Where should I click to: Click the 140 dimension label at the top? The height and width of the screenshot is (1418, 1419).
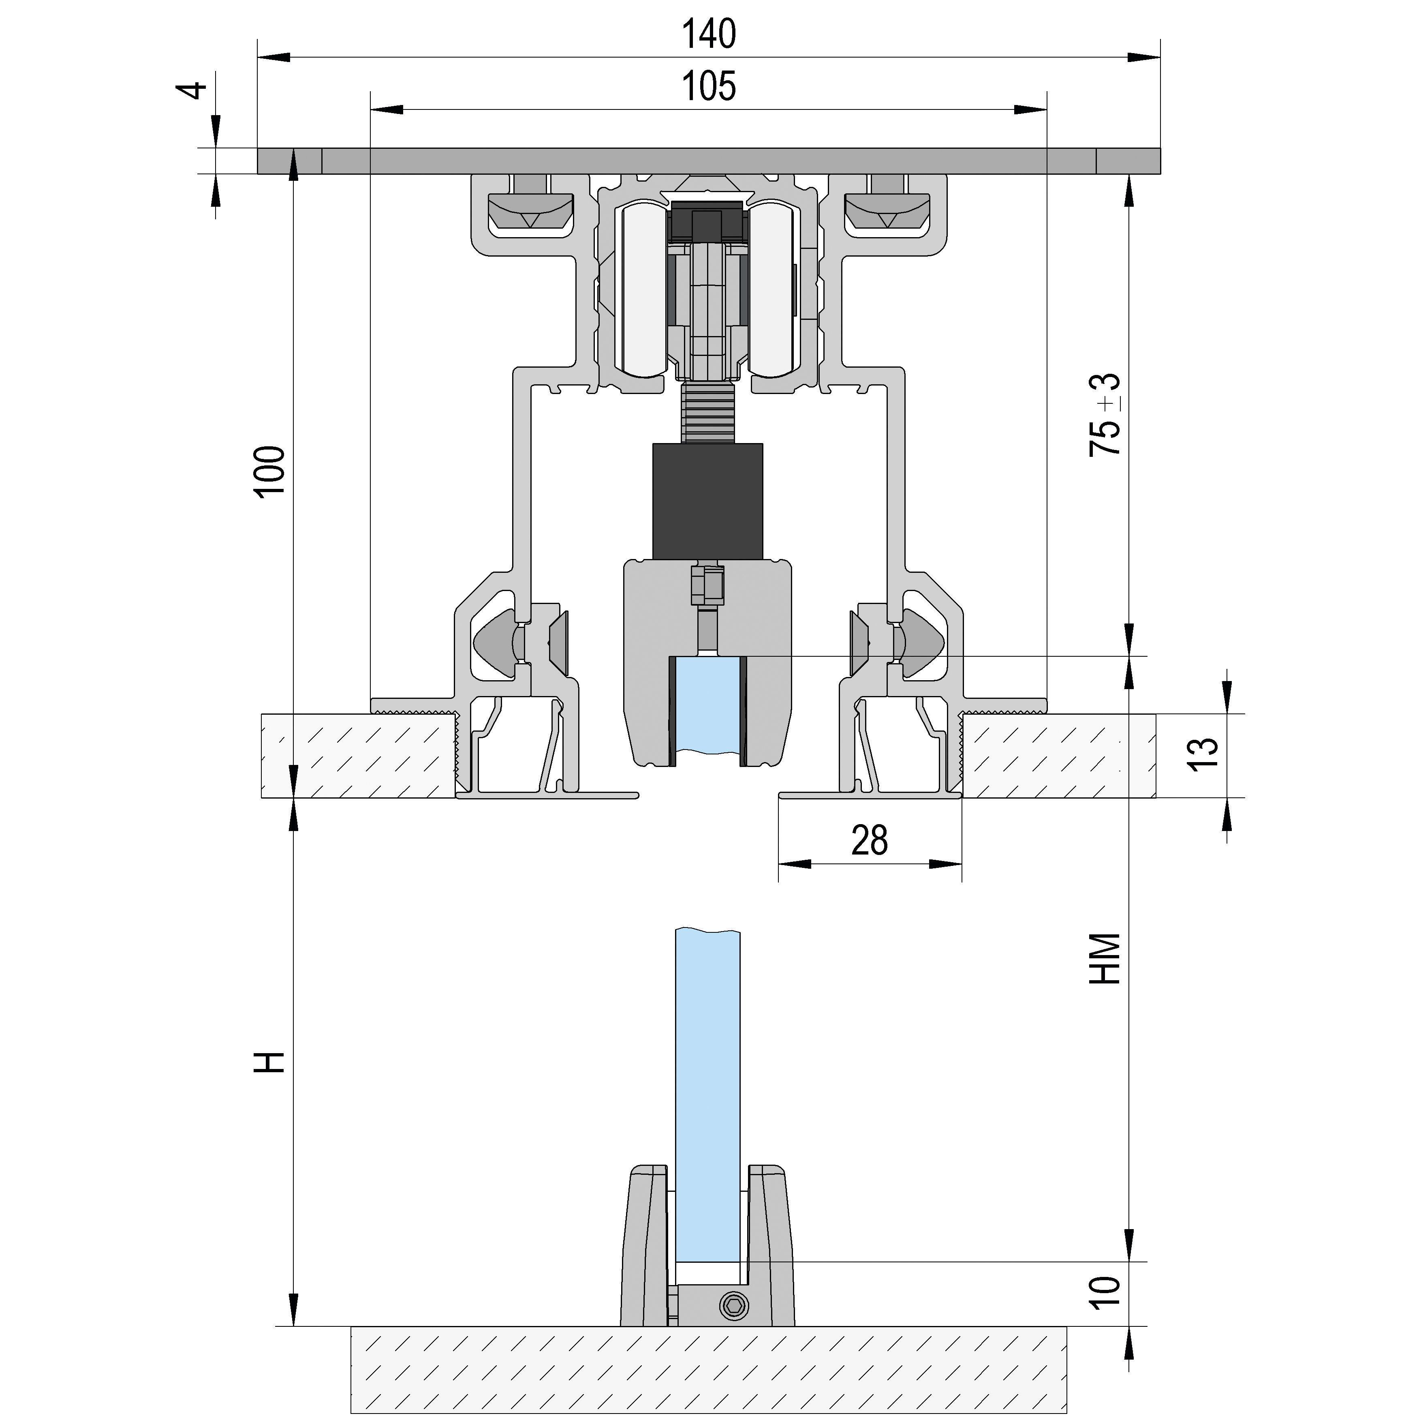[709, 34]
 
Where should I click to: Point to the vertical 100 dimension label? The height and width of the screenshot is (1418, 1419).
[270, 471]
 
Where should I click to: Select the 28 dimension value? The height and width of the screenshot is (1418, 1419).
[870, 840]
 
